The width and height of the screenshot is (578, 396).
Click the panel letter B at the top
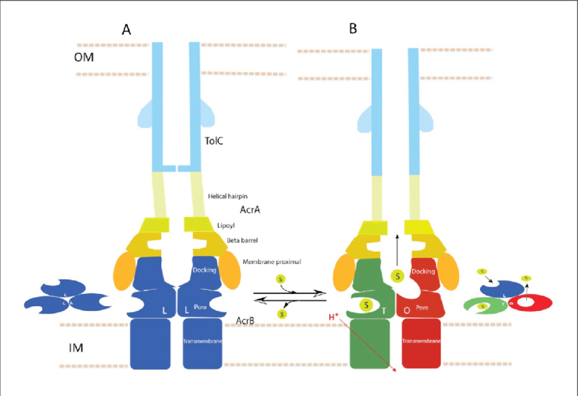point(353,29)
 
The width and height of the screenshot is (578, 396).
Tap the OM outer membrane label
point(84,57)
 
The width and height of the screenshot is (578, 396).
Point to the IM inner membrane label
point(77,348)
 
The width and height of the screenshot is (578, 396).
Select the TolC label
point(215,141)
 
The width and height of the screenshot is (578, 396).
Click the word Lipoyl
point(227,224)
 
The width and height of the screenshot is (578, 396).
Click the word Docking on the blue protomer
point(204,270)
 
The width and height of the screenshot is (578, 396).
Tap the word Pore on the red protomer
point(422,308)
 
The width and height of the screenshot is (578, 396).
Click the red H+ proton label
point(334,317)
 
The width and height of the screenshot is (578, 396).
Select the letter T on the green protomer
point(384,311)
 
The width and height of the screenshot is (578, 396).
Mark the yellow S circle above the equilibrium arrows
point(281,279)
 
